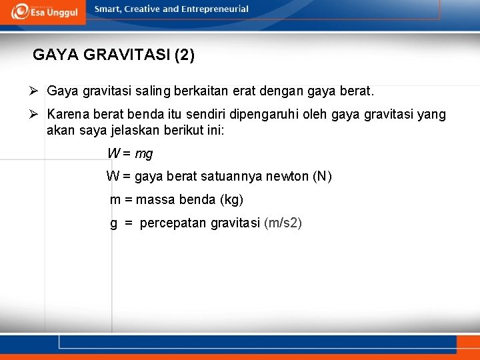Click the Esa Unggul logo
[44, 11]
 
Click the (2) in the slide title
[184, 55]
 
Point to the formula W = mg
[130, 154]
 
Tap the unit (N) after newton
[322, 177]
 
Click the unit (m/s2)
[283, 223]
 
